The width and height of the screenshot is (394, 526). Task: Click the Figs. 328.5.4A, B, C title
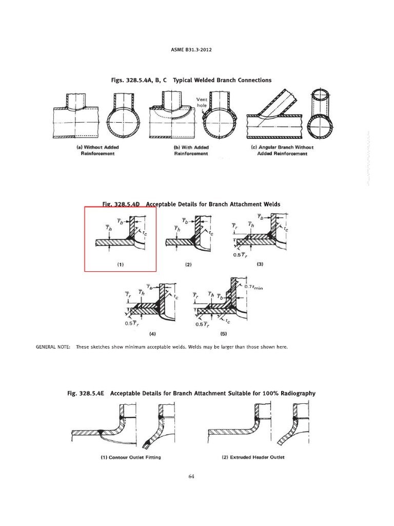(x=191, y=80)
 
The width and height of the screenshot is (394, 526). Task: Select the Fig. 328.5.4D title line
(x=192, y=204)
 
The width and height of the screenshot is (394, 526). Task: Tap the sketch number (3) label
(x=260, y=264)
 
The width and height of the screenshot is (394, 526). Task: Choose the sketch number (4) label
(x=152, y=333)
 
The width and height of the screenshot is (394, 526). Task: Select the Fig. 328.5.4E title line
(x=191, y=393)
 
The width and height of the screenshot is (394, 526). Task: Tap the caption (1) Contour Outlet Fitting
(x=131, y=457)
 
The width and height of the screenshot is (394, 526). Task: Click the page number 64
(x=191, y=476)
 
